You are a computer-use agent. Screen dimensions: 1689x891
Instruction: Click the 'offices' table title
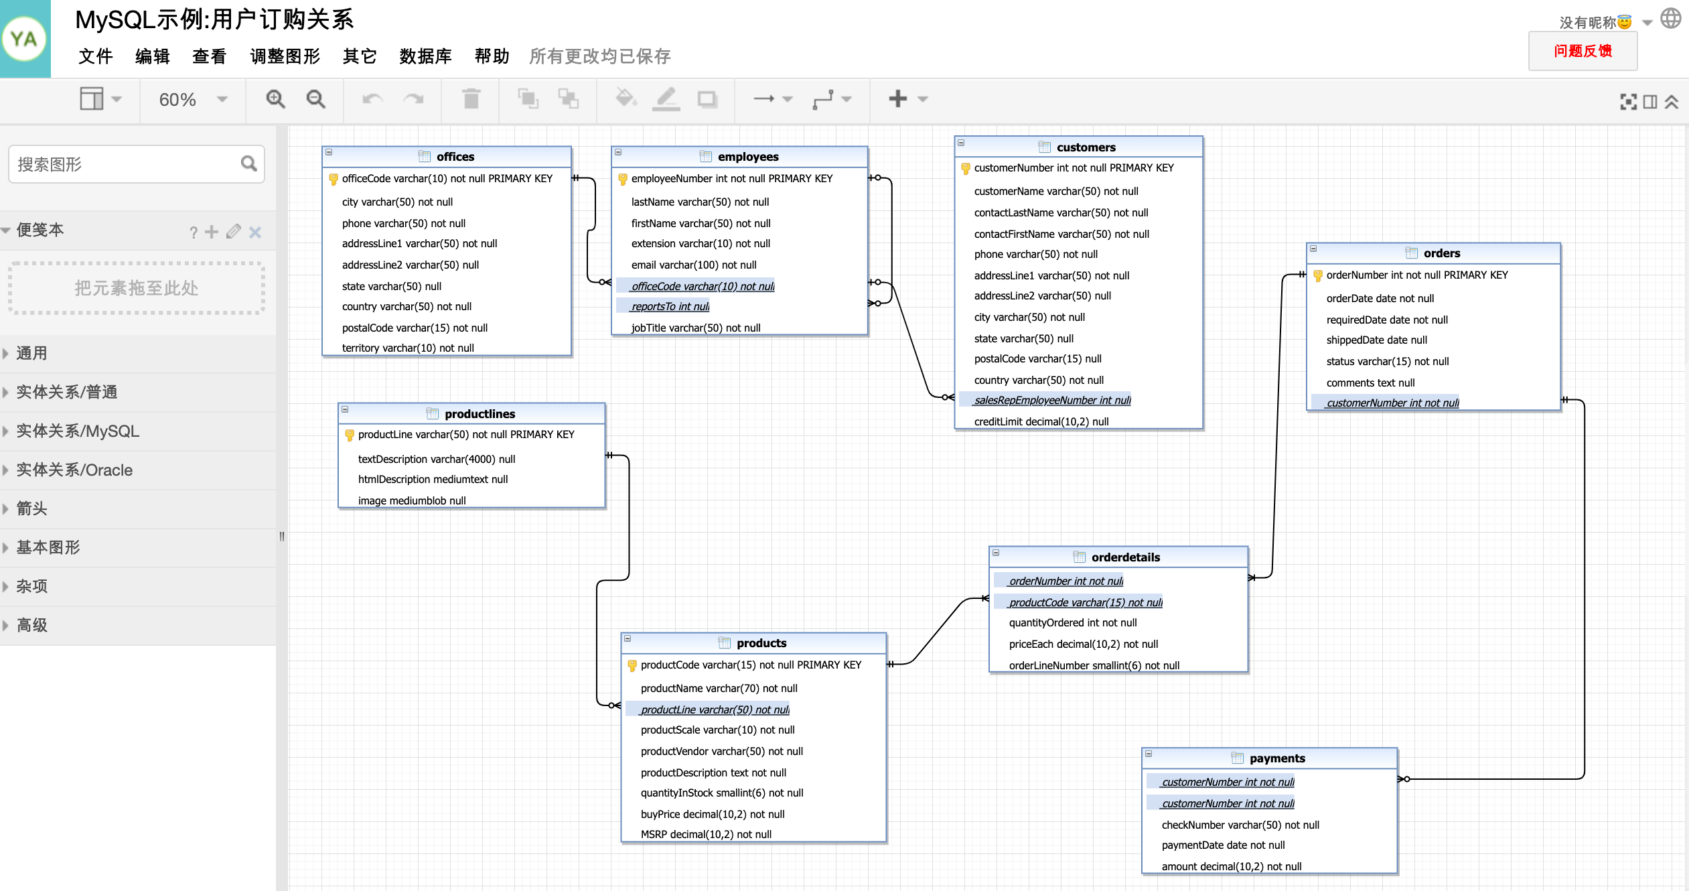pos(455,157)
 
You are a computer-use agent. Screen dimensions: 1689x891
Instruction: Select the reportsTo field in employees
pos(670,307)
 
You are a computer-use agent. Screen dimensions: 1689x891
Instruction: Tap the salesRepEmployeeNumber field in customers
pos(1052,401)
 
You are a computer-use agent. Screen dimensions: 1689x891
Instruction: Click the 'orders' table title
pos(1441,253)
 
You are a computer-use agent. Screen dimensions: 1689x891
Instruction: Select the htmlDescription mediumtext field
pos(433,480)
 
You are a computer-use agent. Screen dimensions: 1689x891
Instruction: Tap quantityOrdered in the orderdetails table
pos(1072,623)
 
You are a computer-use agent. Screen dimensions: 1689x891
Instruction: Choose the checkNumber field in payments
pos(1240,825)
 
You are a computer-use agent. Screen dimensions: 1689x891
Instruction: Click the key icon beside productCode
pos(632,665)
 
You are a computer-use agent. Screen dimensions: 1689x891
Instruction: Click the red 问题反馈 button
pos(1583,51)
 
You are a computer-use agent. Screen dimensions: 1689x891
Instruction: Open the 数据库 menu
pos(425,56)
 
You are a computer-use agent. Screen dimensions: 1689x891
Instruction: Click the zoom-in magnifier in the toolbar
pos(275,99)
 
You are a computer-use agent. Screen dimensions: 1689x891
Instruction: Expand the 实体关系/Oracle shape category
pos(74,470)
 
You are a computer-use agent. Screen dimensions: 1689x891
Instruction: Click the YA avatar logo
pos(25,39)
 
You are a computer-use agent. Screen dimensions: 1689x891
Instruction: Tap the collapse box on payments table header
pos(1149,754)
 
